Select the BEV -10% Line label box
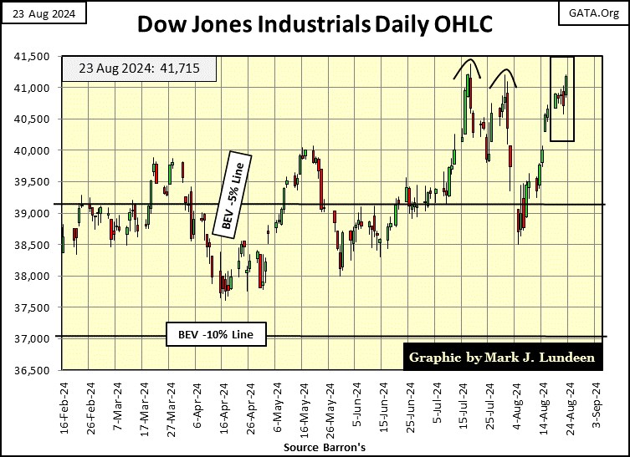click(217, 336)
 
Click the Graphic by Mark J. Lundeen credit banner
click(503, 358)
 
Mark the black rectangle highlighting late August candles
click(561, 99)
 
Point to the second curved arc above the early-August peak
click(502, 76)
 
